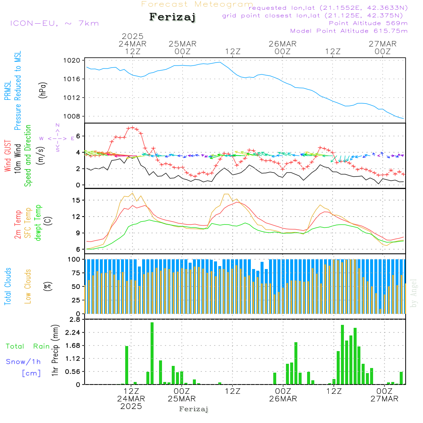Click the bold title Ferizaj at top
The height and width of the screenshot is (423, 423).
click(173, 17)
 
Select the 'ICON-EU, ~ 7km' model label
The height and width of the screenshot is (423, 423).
click(54, 23)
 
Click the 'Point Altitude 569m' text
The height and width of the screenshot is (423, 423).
click(368, 23)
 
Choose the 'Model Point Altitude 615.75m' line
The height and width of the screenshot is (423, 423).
click(349, 31)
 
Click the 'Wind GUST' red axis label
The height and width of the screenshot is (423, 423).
click(8, 156)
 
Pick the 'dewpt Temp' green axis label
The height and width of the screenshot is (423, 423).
click(38, 223)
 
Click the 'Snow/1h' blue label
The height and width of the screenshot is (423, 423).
click(24, 362)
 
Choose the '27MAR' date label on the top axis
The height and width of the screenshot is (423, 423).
click(382, 44)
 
